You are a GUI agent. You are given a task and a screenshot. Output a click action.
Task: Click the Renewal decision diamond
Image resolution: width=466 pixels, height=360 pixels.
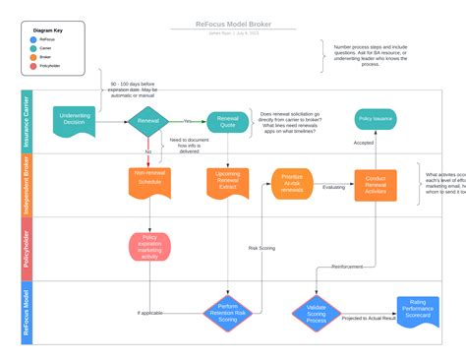click(x=148, y=121)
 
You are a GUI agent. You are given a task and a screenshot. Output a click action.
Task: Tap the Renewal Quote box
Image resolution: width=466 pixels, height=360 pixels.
click(x=226, y=121)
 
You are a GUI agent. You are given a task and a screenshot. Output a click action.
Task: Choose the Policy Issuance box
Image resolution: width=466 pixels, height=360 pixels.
click(x=376, y=119)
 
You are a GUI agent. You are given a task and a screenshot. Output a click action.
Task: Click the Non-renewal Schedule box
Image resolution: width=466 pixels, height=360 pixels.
click(x=148, y=178)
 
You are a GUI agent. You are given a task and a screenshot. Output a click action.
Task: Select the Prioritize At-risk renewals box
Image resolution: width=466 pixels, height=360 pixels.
click(x=291, y=183)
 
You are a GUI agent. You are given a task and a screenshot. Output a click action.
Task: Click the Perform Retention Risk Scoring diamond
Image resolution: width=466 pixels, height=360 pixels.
click(x=227, y=313)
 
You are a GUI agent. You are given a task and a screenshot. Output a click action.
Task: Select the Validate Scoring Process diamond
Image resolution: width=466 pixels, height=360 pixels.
click(x=316, y=313)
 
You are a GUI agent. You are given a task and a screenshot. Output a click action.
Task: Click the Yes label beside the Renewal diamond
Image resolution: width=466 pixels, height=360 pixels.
click(x=187, y=121)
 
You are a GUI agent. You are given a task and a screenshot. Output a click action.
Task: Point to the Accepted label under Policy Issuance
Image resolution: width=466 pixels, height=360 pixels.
click(x=363, y=143)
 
